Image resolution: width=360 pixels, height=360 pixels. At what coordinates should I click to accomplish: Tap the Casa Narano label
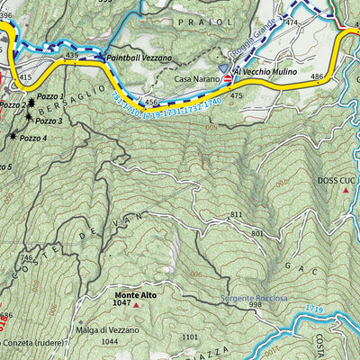[x=195, y=79]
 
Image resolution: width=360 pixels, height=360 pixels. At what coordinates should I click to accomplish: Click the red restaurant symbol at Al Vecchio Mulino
[x=227, y=80]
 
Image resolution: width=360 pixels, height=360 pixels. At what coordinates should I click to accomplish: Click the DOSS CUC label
[x=337, y=180]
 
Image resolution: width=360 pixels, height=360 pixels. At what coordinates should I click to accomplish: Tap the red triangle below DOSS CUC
[x=345, y=191]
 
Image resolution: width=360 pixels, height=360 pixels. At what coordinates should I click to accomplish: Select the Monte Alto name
[x=134, y=294]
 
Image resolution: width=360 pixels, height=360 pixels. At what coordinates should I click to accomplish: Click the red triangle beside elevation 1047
[x=136, y=305]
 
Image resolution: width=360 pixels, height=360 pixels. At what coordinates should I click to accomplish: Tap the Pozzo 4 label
[x=33, y=137]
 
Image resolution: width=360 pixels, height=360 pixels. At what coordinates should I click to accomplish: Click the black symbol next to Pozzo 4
[x=13, y=136]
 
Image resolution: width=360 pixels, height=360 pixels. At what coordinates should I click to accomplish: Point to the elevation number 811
[x=237, y=214]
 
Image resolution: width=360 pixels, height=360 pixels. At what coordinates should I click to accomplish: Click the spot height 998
[x=256, y=305]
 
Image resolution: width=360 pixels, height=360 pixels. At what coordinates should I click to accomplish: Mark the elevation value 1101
[x=188, y=337]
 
